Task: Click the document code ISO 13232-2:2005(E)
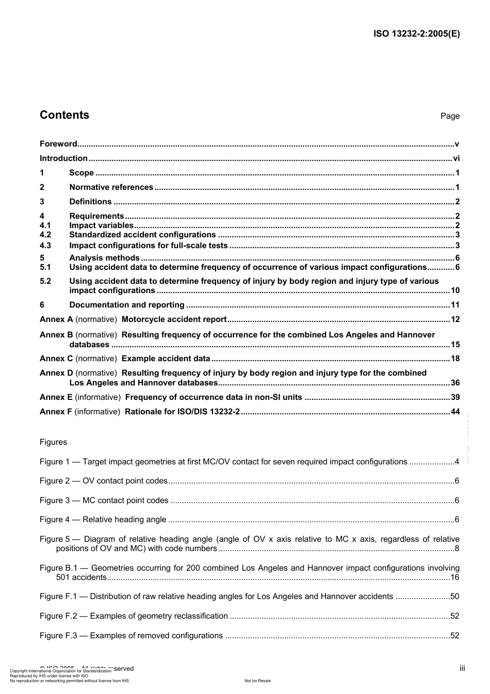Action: (x=416, y=34)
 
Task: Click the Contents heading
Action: (x=64, y=115)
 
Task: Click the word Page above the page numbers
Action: (x=450, y=116)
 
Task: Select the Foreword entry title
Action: (x=58, y=144)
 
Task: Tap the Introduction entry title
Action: (x=63, y=158)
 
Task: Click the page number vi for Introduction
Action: (x=456, y=158)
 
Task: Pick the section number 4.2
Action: (x=45, y=235)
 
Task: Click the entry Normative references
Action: (x=111, y=187)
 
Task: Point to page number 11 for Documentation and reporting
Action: (x=455, y=305)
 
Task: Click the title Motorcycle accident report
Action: (x=174, y=319)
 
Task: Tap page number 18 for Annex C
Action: (x=455, y=359)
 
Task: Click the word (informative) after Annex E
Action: (x=98, y=397)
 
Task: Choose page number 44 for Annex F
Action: (x=455, y=412)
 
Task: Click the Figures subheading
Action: (x=53, y=442)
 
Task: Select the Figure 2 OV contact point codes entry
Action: (x=104, y=481)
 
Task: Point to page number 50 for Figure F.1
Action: (x=454, y=596)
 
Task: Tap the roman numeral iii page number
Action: (x=462, y=668)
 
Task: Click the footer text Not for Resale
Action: (x=257, y=681)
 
